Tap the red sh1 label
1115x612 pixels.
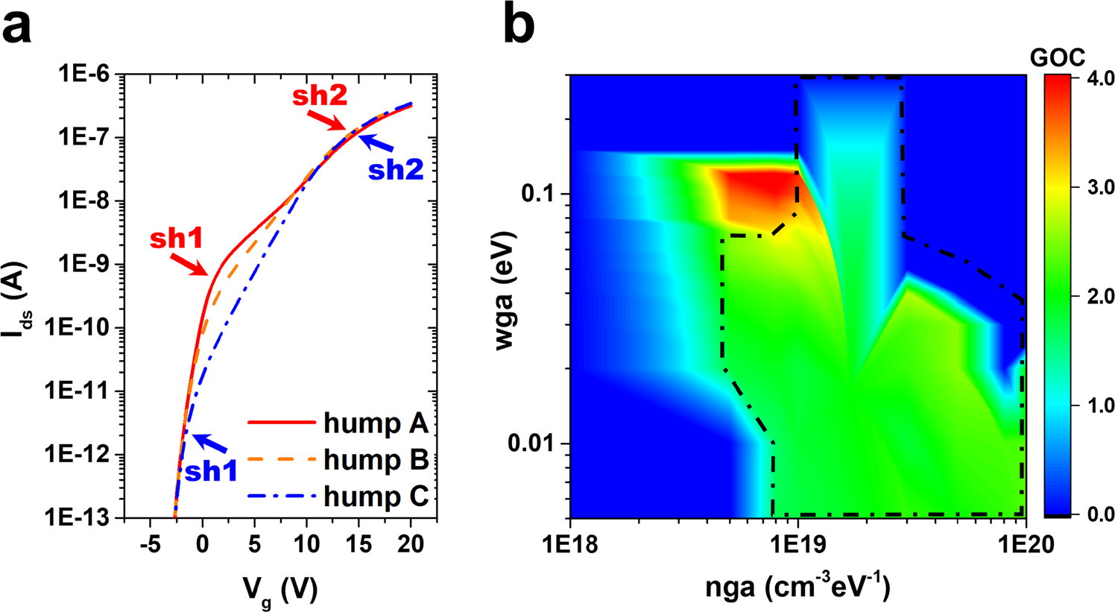coord(176,239)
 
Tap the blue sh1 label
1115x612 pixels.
coord(211,472)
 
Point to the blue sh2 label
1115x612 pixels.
coord(396,170)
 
